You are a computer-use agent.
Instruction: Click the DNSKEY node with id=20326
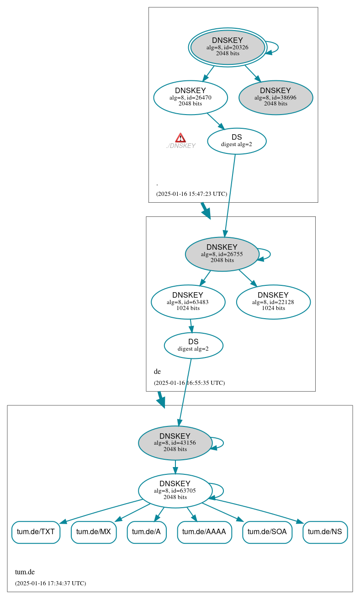pyautogui.click(x=228, y=47)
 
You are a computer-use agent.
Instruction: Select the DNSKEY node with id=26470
pyautogui.click(x=191, y=97)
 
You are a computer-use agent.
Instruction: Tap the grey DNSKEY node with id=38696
pyautogui.click(x=275, y=97)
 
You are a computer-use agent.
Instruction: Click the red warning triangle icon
pyautogui.click(x=180, y=138)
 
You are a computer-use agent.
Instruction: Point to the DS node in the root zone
pyautogui.click(x=237, y=141)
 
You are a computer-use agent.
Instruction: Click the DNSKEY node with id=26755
pyautogui.click(x=222, y=254)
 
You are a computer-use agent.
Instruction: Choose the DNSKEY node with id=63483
pyautogui.click(x=188, y=302)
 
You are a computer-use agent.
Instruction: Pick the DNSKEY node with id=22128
pyautogui.click(x=273, y=302)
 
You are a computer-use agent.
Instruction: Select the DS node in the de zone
pyautogui.click(x=193, y=345)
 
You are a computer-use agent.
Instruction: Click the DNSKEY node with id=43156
pyautogui.click(x=175, y=443)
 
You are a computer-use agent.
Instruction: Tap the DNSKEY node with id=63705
pyautogui.click(x=175, y=491)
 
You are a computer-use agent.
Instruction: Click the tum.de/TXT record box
pyautogui.click(x=36, y=532)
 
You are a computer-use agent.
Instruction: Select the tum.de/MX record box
pyautogui.click(x=94, y=532)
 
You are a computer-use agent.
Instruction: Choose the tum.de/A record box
pyautogui.click(x=146, y=532)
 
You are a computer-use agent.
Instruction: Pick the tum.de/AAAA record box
pyautogui.click(x=204, y=532)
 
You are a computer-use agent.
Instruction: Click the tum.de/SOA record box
pyautogui.click(x=267, y=532)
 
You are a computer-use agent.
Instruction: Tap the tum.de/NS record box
pyautogui.click(x=325, y=532)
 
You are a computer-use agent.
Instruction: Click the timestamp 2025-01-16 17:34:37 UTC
pyautogui.click(x=50, y=583)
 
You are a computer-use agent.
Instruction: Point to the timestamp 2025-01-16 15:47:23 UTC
pyautogui.click(x=191, y=194)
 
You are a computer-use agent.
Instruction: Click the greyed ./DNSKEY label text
pyautogui.click(x=181, y=146)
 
